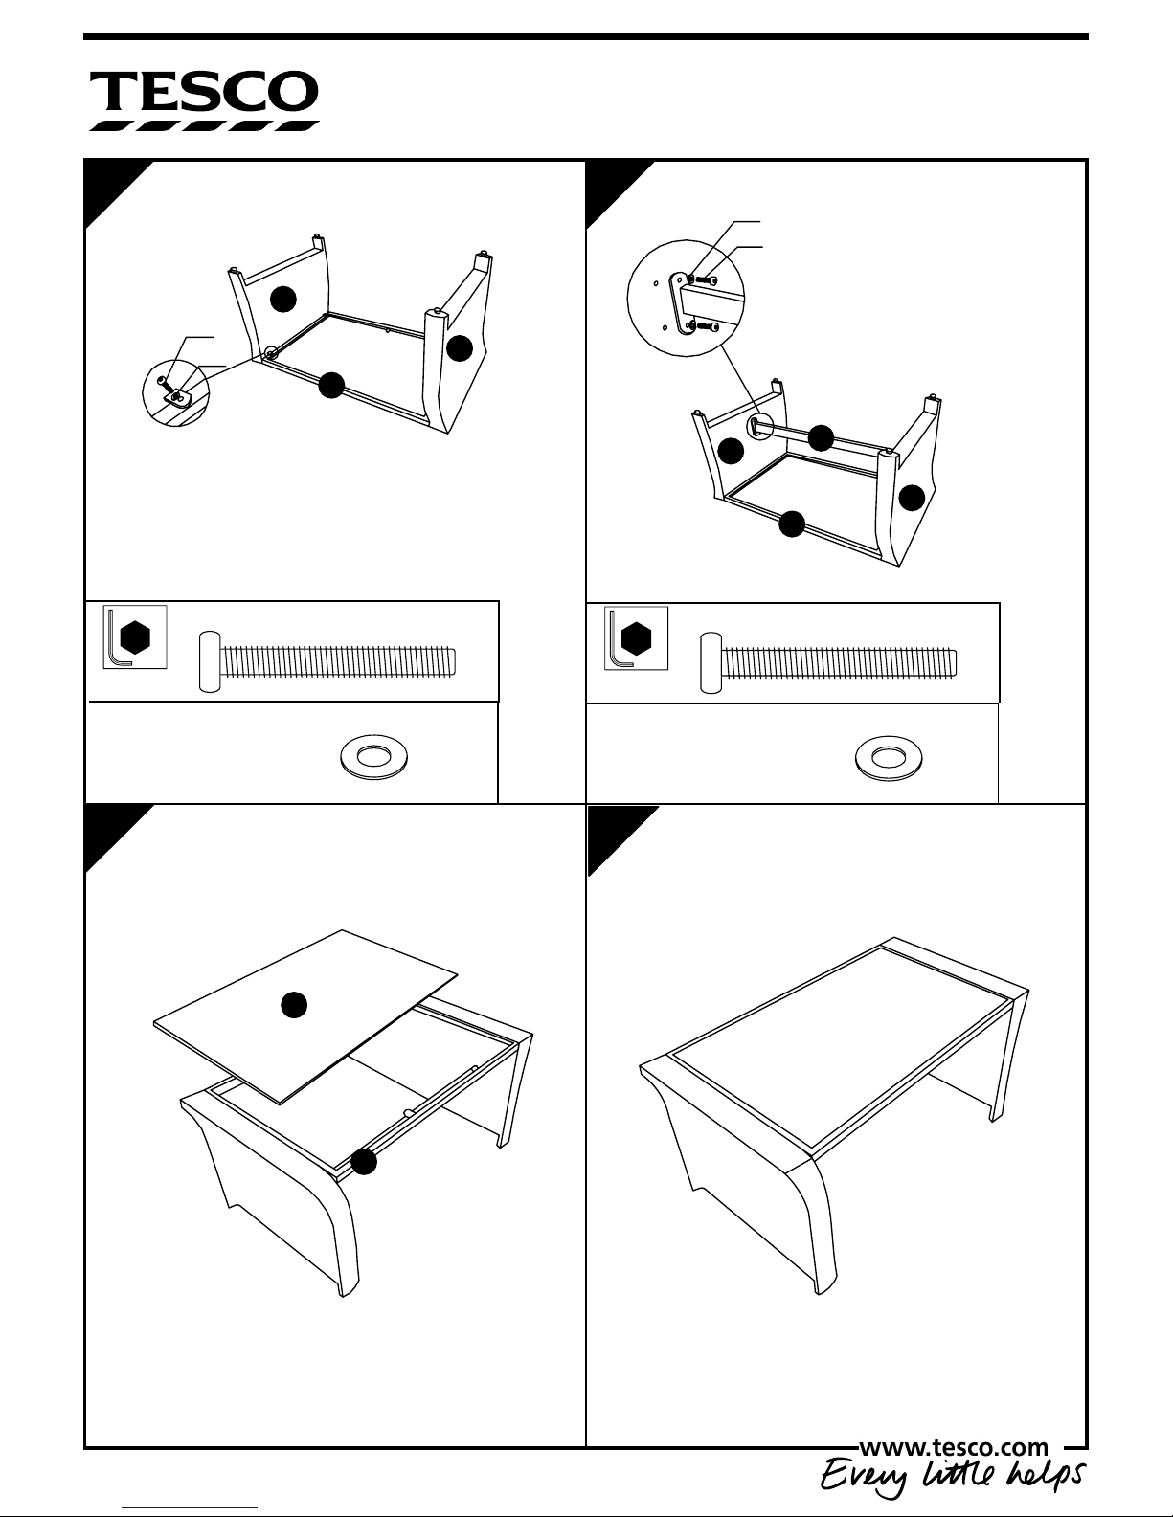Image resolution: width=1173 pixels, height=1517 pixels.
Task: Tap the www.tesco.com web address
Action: coord(955,1447)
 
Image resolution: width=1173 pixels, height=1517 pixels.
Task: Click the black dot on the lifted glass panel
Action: coord(294,1004)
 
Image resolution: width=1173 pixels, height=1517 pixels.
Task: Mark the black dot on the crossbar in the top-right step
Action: coord(821,438)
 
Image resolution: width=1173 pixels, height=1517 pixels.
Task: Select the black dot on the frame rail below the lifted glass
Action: coord(364,1162)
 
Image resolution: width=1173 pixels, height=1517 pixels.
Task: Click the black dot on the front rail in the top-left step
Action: coord(331,385)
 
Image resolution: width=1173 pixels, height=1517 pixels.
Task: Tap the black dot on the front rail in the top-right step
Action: coord(792,524)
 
